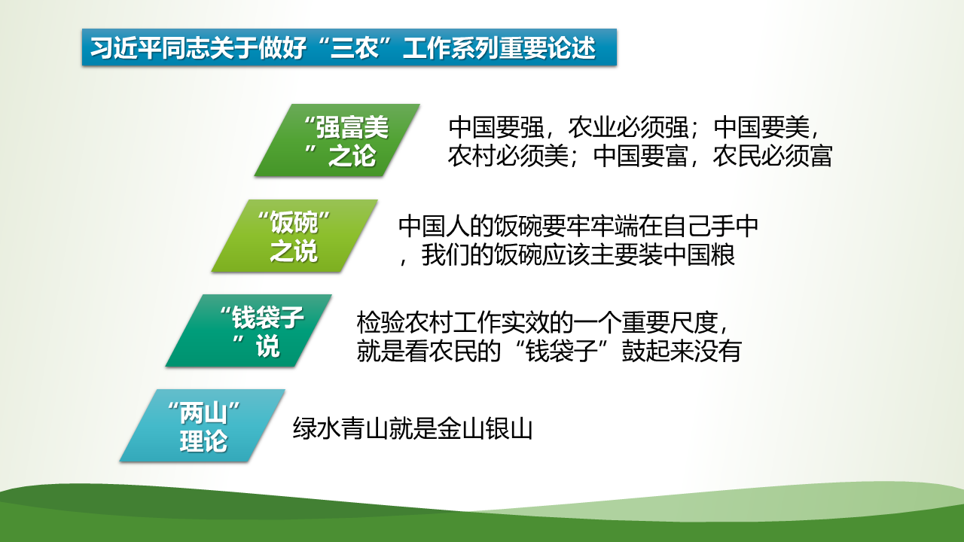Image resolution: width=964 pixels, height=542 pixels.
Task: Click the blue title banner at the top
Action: (349, 47)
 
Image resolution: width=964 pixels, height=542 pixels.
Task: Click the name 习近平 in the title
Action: (126, 47)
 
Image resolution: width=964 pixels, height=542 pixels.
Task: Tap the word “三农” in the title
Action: (355, 47)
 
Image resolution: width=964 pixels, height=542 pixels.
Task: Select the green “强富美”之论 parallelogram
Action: (337, 140)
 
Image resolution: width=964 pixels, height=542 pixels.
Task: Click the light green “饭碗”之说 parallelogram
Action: (294, 236)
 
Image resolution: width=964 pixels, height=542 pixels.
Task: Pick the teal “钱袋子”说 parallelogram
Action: (249, 330)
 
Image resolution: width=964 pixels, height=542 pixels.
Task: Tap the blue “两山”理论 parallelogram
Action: (203, 426)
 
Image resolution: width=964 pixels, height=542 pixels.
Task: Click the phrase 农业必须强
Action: (628, 127)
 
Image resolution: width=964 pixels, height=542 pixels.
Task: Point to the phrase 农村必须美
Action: (508, 156)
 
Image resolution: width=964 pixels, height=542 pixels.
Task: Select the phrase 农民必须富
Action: (773, 156)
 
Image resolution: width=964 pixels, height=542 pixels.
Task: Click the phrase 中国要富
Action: (640, 156)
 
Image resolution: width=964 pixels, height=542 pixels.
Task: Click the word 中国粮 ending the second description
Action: (699, 255)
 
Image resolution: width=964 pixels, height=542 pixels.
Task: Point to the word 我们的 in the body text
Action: (457, 255)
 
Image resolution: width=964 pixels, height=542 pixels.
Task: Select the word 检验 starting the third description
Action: (380, 323)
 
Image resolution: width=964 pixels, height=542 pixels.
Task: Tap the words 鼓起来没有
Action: (682, 351)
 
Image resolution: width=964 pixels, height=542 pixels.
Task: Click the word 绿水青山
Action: (341, 428)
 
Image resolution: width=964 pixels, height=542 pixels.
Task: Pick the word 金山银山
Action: (485, 428)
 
